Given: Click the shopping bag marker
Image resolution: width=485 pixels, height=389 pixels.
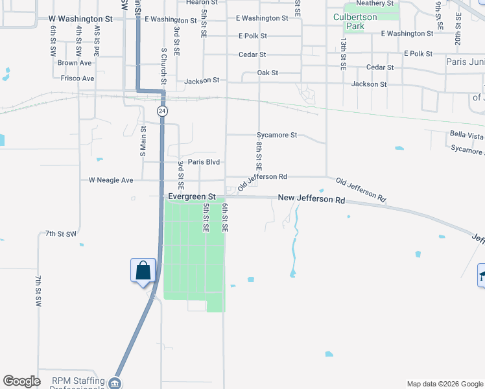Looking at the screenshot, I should point(143,270).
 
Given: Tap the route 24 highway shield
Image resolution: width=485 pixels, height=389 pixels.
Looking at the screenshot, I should point(162,112).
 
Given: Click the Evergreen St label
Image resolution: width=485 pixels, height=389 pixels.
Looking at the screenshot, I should point(191,196).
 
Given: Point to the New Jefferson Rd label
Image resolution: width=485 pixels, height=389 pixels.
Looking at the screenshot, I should point(311,200).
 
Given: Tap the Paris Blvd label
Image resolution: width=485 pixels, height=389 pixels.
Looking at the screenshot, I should point(204,162).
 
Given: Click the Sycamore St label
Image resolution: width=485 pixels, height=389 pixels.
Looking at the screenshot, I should point(276,136).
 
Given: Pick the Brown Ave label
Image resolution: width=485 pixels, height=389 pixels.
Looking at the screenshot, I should point(74,63).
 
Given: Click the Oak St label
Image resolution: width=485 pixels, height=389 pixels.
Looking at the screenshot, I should point(267,73).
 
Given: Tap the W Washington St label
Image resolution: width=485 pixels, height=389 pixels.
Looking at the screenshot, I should point(80,19).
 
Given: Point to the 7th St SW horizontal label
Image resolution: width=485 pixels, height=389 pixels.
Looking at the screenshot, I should point(61,233).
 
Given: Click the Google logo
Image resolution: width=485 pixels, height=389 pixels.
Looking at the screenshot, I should point(22,381).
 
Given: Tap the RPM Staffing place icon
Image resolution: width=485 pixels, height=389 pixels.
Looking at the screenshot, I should point(115,383).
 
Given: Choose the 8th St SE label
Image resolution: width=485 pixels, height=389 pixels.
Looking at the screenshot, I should point(259,157).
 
